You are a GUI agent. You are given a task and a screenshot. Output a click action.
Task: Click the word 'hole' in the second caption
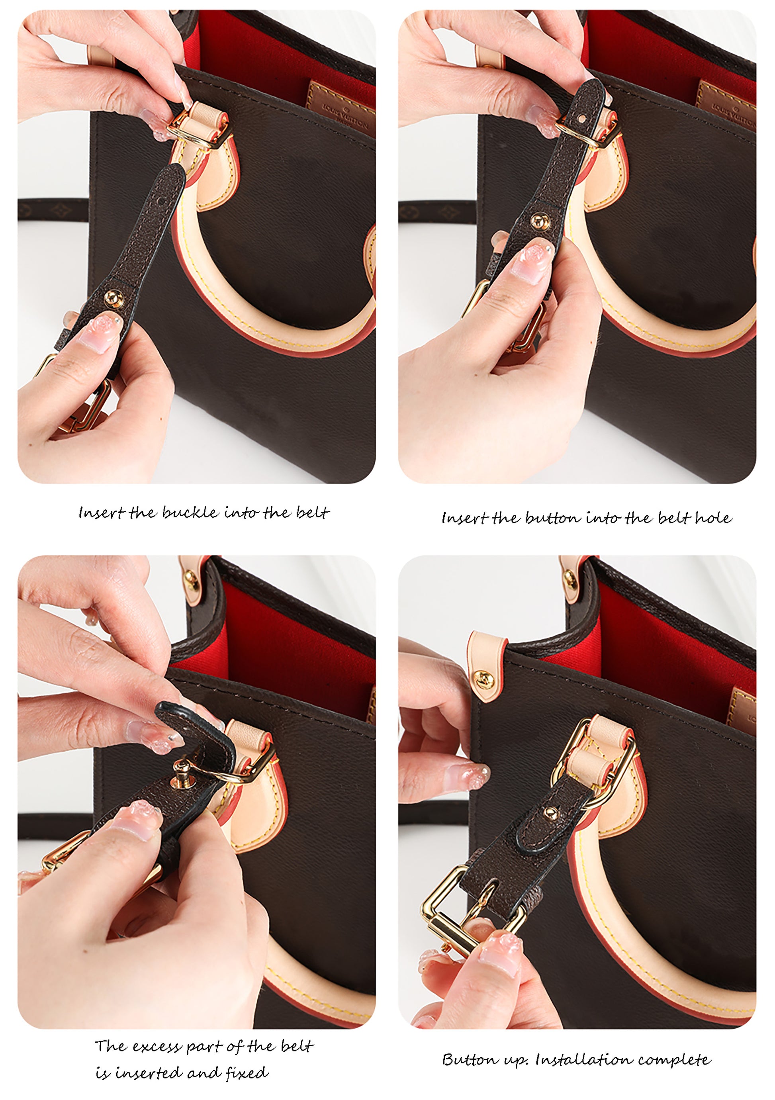click(713, 517)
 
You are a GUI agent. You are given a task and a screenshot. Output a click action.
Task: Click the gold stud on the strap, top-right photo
click(539, 220)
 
